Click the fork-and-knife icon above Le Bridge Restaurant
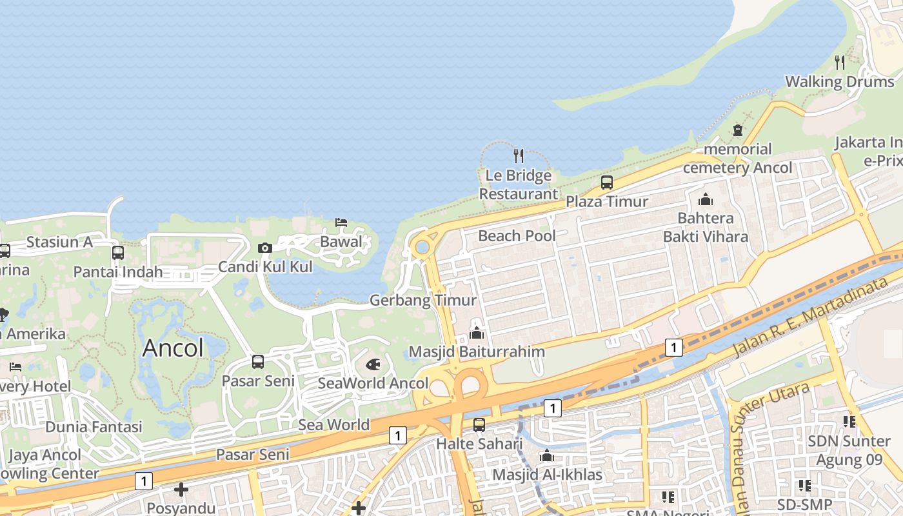pyautogui.click(x=518, y=155)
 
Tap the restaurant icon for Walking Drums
pyautogui.click(x=840, y=63)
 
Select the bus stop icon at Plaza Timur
pyautogui.click(x=607, y=183)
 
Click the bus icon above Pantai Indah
pyautogui.click(x=118, y=253)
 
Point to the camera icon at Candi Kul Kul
pyautogui.click(x=264, y=248)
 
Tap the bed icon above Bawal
pyautogui.click(x=341, y=223)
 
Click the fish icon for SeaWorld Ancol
pyautogui.click(x=373, y=364)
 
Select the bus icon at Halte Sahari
pyautogui.click(x=479, y=425)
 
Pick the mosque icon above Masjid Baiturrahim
pyautogui.click(x=477, y=333)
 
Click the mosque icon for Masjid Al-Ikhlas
pyautogui.click(x=547, y=456)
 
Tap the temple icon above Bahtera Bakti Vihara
pyautogui.click(x=706, y=199)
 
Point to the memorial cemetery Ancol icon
pyautogui.click(x=738, y=130)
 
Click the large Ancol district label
pyautogui.click(x=173, y=348)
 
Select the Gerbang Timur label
pyautogui.click(x=422, y=301)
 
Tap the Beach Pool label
pyautogui.click(x=517, y=236)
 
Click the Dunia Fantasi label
pyautogui.click(x=94, y=427)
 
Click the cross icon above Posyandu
pyautogui.click(x=181, y=490)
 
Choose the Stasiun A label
pyautogui.click(x=59, y=243)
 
